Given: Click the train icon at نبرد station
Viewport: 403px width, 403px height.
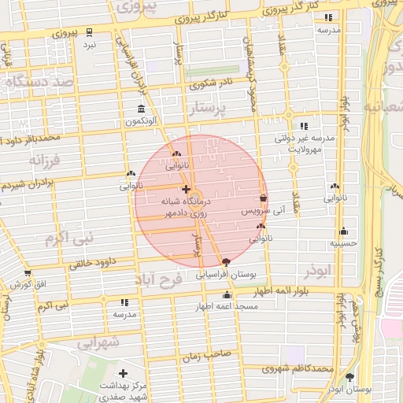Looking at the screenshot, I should [x=89, y=33].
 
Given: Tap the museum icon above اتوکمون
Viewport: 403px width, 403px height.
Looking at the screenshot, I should [x=141, y=109].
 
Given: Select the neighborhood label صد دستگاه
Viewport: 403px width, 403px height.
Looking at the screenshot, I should [x=39, y=81].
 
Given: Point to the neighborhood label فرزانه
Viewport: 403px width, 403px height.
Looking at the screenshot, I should [x=45, y=161].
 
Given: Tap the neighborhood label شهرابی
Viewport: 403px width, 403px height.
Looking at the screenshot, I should [x=98, y=342].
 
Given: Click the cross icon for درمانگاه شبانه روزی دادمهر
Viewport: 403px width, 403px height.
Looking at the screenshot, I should [x=185, y=189].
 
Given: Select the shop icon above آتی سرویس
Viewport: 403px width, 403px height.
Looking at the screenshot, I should [x=262, y=198].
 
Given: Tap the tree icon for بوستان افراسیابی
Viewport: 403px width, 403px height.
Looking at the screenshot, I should [x=227, y=262].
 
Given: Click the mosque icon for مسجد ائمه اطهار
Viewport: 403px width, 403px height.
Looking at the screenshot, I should [x=227, y=294].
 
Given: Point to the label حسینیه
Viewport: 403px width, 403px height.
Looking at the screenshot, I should [x=343, y=243].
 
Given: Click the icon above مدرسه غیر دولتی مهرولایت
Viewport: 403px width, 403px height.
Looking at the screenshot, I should [x=304, y=126].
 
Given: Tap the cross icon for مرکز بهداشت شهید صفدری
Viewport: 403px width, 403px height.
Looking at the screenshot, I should [x=123, y=373].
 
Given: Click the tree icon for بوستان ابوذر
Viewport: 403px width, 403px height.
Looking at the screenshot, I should [x=349, y=377].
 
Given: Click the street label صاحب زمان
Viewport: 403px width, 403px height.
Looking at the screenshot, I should [x=207, y=355].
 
